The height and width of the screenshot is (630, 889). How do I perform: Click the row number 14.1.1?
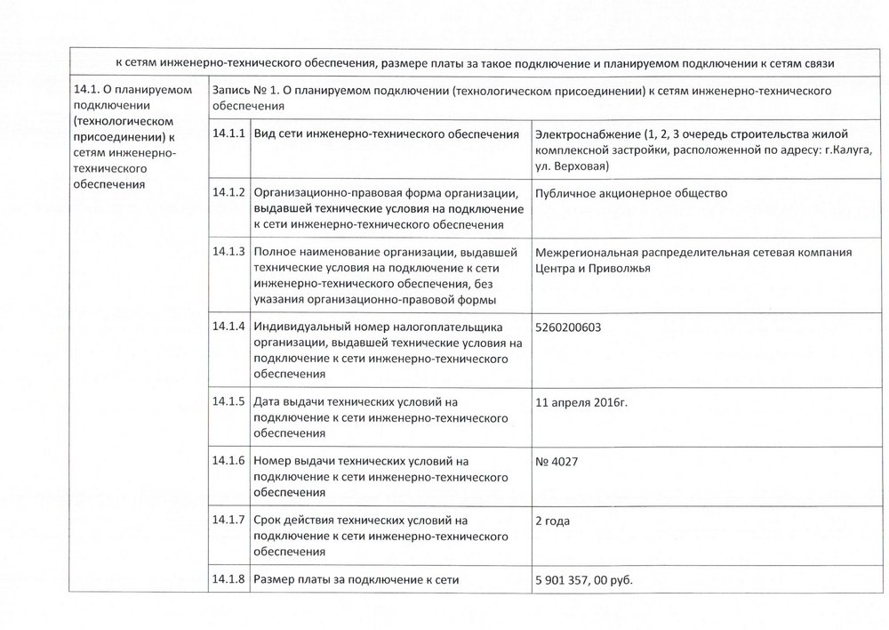228,133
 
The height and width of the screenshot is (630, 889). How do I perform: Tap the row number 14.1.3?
228,251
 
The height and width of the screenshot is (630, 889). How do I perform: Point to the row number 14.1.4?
228,326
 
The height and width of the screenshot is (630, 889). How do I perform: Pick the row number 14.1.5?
228,400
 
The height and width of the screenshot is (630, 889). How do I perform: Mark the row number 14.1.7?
228,520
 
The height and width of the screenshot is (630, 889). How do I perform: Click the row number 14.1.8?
228,580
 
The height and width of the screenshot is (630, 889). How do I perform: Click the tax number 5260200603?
569,327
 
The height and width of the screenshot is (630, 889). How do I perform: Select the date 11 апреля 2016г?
581,401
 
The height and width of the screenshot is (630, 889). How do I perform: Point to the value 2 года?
552,521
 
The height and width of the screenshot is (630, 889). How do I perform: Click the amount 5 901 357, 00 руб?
583,581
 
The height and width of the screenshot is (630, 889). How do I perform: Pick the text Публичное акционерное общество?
631,192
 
